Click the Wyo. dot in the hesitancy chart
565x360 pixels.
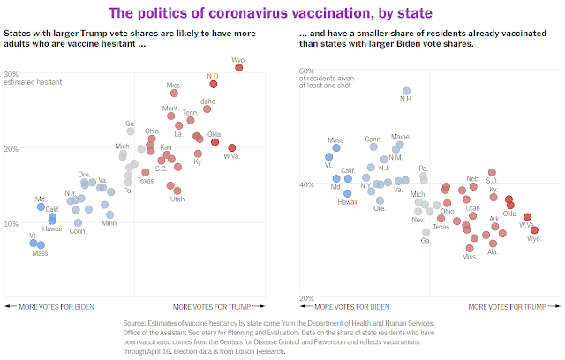click(238, 66)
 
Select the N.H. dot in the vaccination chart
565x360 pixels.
click(406, 91)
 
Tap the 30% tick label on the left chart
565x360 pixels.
click(12, 74)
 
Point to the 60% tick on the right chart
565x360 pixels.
click(306, 71)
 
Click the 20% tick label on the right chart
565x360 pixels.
click(306, 298)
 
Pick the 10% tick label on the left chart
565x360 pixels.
click(12, 223)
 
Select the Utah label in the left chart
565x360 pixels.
click(177, 199)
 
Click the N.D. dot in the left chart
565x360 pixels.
click(213, 83)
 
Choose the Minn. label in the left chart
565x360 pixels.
click(109, 223)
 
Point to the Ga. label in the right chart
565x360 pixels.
click(426, 240)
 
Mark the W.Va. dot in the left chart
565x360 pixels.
click(231, 148)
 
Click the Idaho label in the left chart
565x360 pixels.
click(207, 101)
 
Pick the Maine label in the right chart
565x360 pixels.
click(400, 137)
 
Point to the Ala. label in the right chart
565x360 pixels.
click(493, 251)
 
